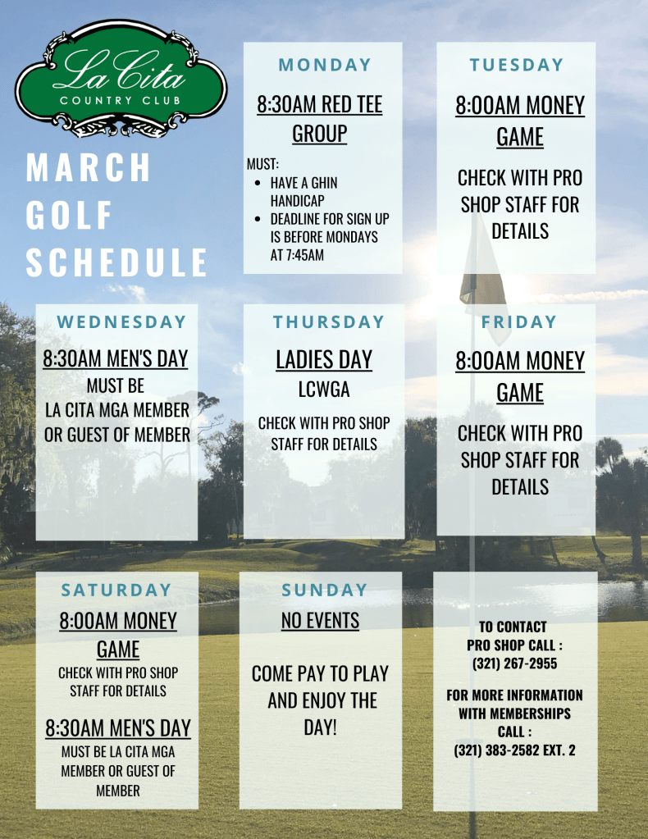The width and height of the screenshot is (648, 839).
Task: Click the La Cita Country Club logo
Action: [121, 79]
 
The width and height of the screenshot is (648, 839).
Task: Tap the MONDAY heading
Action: [325, 65]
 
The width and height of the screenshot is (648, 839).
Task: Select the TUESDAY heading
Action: [517, 65]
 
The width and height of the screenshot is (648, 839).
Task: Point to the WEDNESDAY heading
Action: [121, 322]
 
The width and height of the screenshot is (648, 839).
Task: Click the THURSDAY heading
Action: [329, 322]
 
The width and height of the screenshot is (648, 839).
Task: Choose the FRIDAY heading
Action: [519, 322]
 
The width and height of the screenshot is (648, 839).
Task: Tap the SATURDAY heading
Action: [116, 590]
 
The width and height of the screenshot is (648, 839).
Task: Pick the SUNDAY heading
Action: [325, 590]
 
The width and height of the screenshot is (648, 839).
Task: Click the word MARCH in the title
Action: [89, 168]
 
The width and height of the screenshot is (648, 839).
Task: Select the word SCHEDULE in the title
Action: [116, 262]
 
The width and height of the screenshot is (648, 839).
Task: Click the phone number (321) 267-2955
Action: [515, 663]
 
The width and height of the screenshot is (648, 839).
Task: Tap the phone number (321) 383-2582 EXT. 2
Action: [515, 750]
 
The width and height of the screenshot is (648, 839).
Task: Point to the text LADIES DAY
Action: [324, 360]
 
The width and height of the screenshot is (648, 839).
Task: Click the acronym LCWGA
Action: [324, 390]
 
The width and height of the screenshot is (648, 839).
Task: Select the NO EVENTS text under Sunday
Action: [321, 621]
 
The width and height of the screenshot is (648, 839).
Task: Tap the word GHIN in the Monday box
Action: [324, 183]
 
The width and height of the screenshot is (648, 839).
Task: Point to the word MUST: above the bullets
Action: [262, 164]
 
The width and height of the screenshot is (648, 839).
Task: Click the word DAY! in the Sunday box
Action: [321, 727]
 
